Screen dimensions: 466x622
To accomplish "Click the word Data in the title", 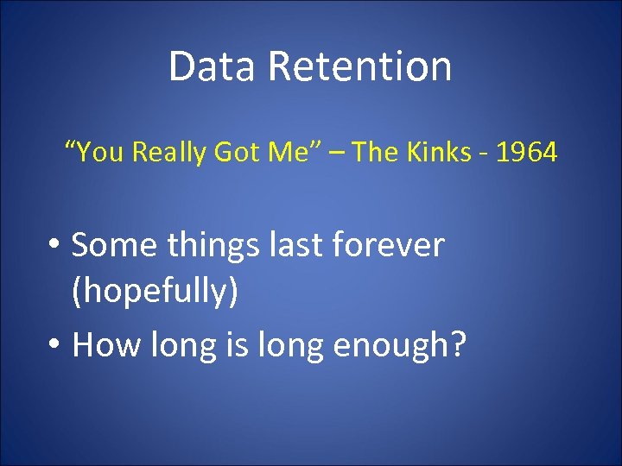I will (206, 66).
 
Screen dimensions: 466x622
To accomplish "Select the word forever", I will (395, 246).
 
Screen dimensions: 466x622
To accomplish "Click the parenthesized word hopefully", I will (155, 293).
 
